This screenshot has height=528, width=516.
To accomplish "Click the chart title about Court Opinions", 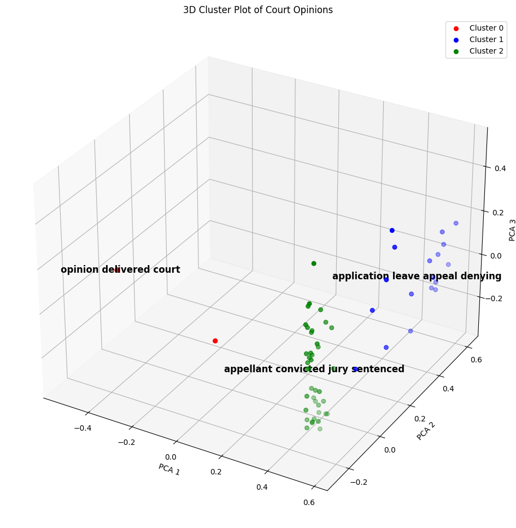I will point(258,10).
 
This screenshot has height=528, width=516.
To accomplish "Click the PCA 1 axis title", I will point(169,469).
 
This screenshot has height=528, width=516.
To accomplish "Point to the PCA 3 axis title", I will point(512,230).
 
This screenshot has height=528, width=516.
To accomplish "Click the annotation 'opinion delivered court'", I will point(120,270).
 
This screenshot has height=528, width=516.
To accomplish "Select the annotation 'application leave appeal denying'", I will point(417,277).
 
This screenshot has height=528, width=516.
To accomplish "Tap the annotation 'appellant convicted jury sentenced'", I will point(314,369).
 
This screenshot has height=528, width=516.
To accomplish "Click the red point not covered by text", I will point(215,341).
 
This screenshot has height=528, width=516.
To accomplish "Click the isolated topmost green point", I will point(314,263).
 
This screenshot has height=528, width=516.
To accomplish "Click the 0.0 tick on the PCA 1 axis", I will point(171,457).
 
